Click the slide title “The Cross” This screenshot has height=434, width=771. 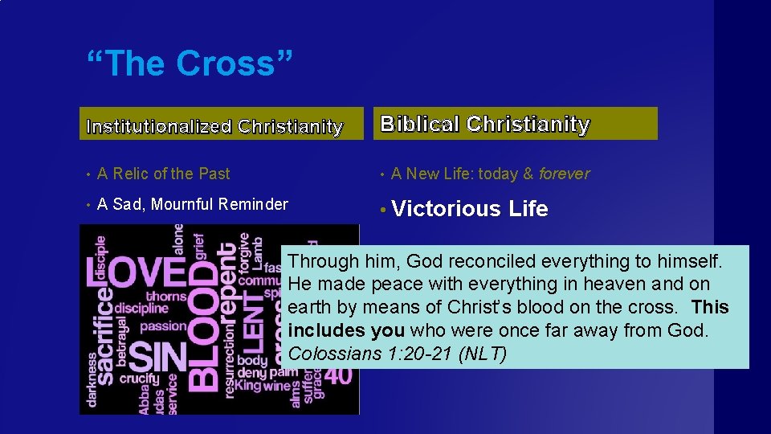(190, 63)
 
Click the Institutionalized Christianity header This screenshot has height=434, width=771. (214, 126)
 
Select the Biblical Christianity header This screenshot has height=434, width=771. (485, 124)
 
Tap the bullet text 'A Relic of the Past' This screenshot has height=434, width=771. (163, 174)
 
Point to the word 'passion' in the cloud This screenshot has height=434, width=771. (164, 326)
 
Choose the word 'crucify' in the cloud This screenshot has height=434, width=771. (140, 378)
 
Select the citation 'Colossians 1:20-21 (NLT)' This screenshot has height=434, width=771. (397, 354)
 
